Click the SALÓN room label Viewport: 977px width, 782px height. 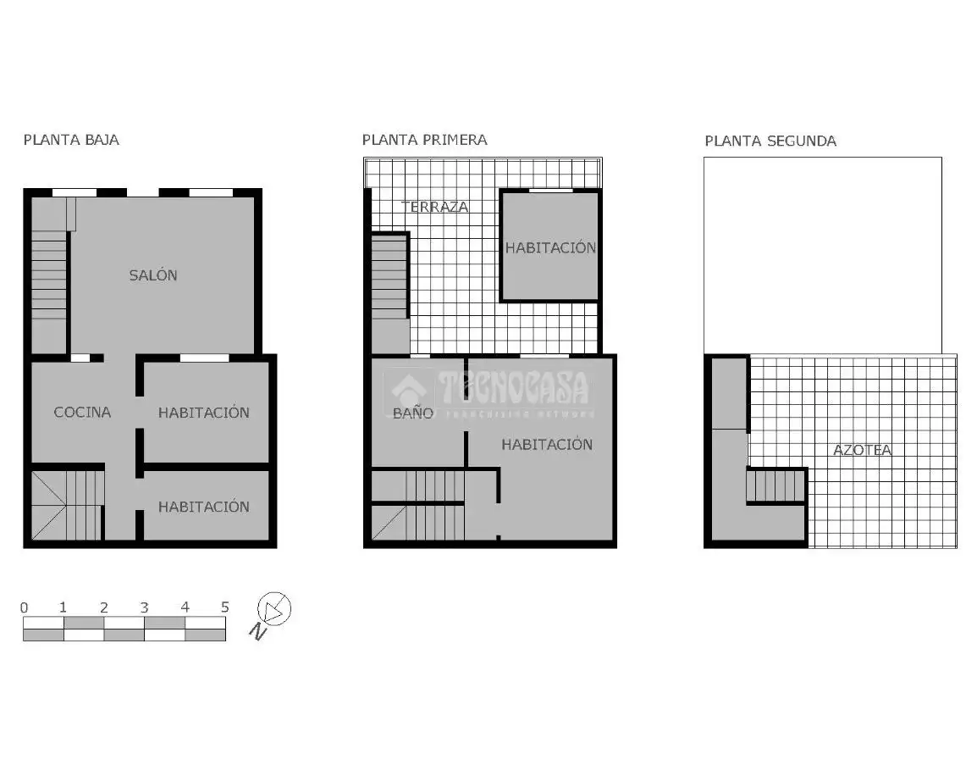coord(153,275)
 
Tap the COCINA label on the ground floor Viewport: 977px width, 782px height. coord(82,413)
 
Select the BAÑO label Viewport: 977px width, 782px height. coord(413,413)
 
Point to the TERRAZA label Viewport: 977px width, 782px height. coord(435,207)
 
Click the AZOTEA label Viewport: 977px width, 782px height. coord(863,450)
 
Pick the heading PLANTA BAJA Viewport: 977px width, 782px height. coord(71,140)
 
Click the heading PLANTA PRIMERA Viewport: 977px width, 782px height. coord(424,140)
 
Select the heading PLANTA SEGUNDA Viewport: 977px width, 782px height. coord(770,141)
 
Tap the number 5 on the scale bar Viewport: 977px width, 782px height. coord(225,607)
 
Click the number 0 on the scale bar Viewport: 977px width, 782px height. coord(25,607)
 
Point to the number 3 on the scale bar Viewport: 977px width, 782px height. coord(145,607)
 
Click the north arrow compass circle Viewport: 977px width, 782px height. coord(274,608)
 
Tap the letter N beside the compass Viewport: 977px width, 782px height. coord(258,632)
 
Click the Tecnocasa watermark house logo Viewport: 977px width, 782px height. coord(409,391)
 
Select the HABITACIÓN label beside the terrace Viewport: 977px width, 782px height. coord(550,247)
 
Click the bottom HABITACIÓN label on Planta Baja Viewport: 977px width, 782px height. coord(204,507)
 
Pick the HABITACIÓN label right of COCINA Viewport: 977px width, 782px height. coord(204,413)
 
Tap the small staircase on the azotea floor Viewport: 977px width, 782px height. coord(776,485)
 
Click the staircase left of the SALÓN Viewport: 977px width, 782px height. coord(49,275)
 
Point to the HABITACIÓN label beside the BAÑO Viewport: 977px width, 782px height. coord(547,444)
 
